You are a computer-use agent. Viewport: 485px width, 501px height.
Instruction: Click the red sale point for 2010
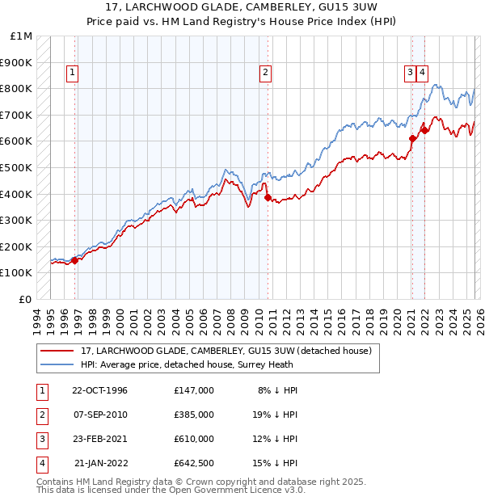(267, 196)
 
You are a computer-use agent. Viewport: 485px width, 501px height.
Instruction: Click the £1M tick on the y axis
(22, 36)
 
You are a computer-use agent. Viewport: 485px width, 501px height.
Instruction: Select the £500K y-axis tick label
(17, 168)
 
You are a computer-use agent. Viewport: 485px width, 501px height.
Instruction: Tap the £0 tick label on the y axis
(26, 299)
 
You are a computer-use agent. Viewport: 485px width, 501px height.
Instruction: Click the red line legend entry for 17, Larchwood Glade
(226, 351)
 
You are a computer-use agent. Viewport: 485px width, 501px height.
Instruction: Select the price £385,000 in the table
(193, 415)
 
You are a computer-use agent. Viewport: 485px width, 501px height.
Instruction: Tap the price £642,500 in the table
(193, 463)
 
